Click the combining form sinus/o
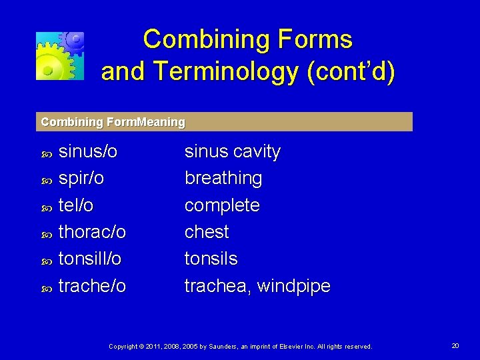click(x=88, y=152)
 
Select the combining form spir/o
click(x=81, y=179)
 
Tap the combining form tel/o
click(x=76, y=205)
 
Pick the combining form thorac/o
click(x=92, y=232)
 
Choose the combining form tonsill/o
click(x=90, y=259)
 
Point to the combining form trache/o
click(x=92, y=286)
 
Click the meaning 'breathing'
click(x=223, y=179)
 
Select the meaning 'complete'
click(x=222, y=205)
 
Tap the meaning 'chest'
click(x=207, y=232)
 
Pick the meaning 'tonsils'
click(x=211, y=259)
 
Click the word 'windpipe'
click(x=293, y=286)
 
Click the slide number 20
click(x=455, y=346)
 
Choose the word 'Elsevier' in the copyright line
click(x=293, y=347)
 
